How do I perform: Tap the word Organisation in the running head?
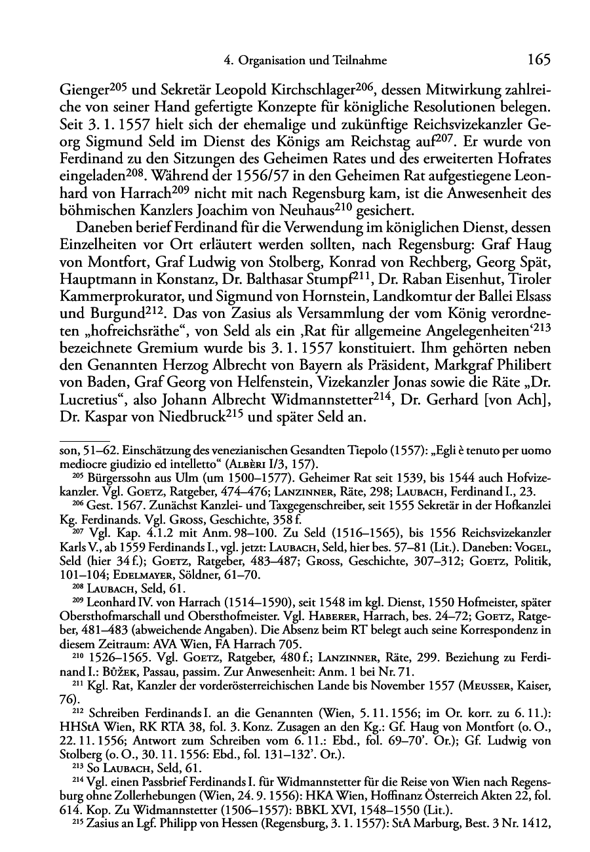(270, 61)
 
